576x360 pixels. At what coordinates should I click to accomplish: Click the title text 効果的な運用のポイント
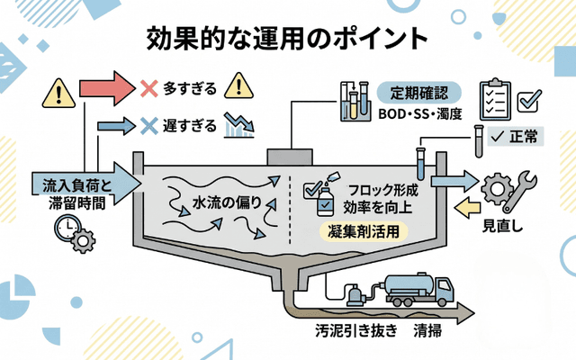coord(287,40)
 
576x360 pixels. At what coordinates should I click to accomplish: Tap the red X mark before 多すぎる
coord(149,89)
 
